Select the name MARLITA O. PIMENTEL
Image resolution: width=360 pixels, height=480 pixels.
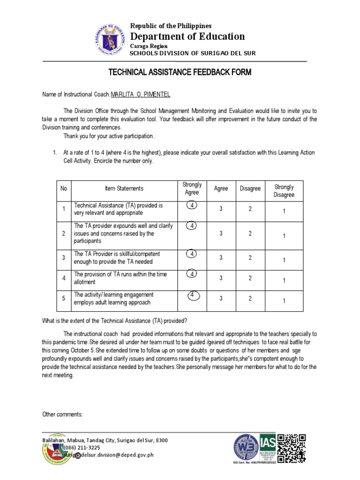coord(140,95)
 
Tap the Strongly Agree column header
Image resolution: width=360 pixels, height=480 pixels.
coord(192,188)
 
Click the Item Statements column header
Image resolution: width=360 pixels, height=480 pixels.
coord(124,188)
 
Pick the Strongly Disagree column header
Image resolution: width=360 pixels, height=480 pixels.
coord(284,191)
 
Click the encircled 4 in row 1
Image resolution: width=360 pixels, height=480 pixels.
coord(192,205)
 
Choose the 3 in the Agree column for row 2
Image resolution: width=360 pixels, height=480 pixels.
coord(221,233)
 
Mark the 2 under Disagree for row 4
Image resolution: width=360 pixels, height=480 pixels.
coord(250,278)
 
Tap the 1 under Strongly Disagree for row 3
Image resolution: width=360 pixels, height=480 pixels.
coord(284,260)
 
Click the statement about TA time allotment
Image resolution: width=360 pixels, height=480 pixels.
coord(120,278)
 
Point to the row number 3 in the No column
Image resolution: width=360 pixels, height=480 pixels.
coord(63,257)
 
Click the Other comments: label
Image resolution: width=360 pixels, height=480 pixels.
coord(62,414)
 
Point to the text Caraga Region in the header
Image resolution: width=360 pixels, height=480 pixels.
coord(149,46)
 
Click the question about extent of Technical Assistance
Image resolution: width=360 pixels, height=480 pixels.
coord(115,321)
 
